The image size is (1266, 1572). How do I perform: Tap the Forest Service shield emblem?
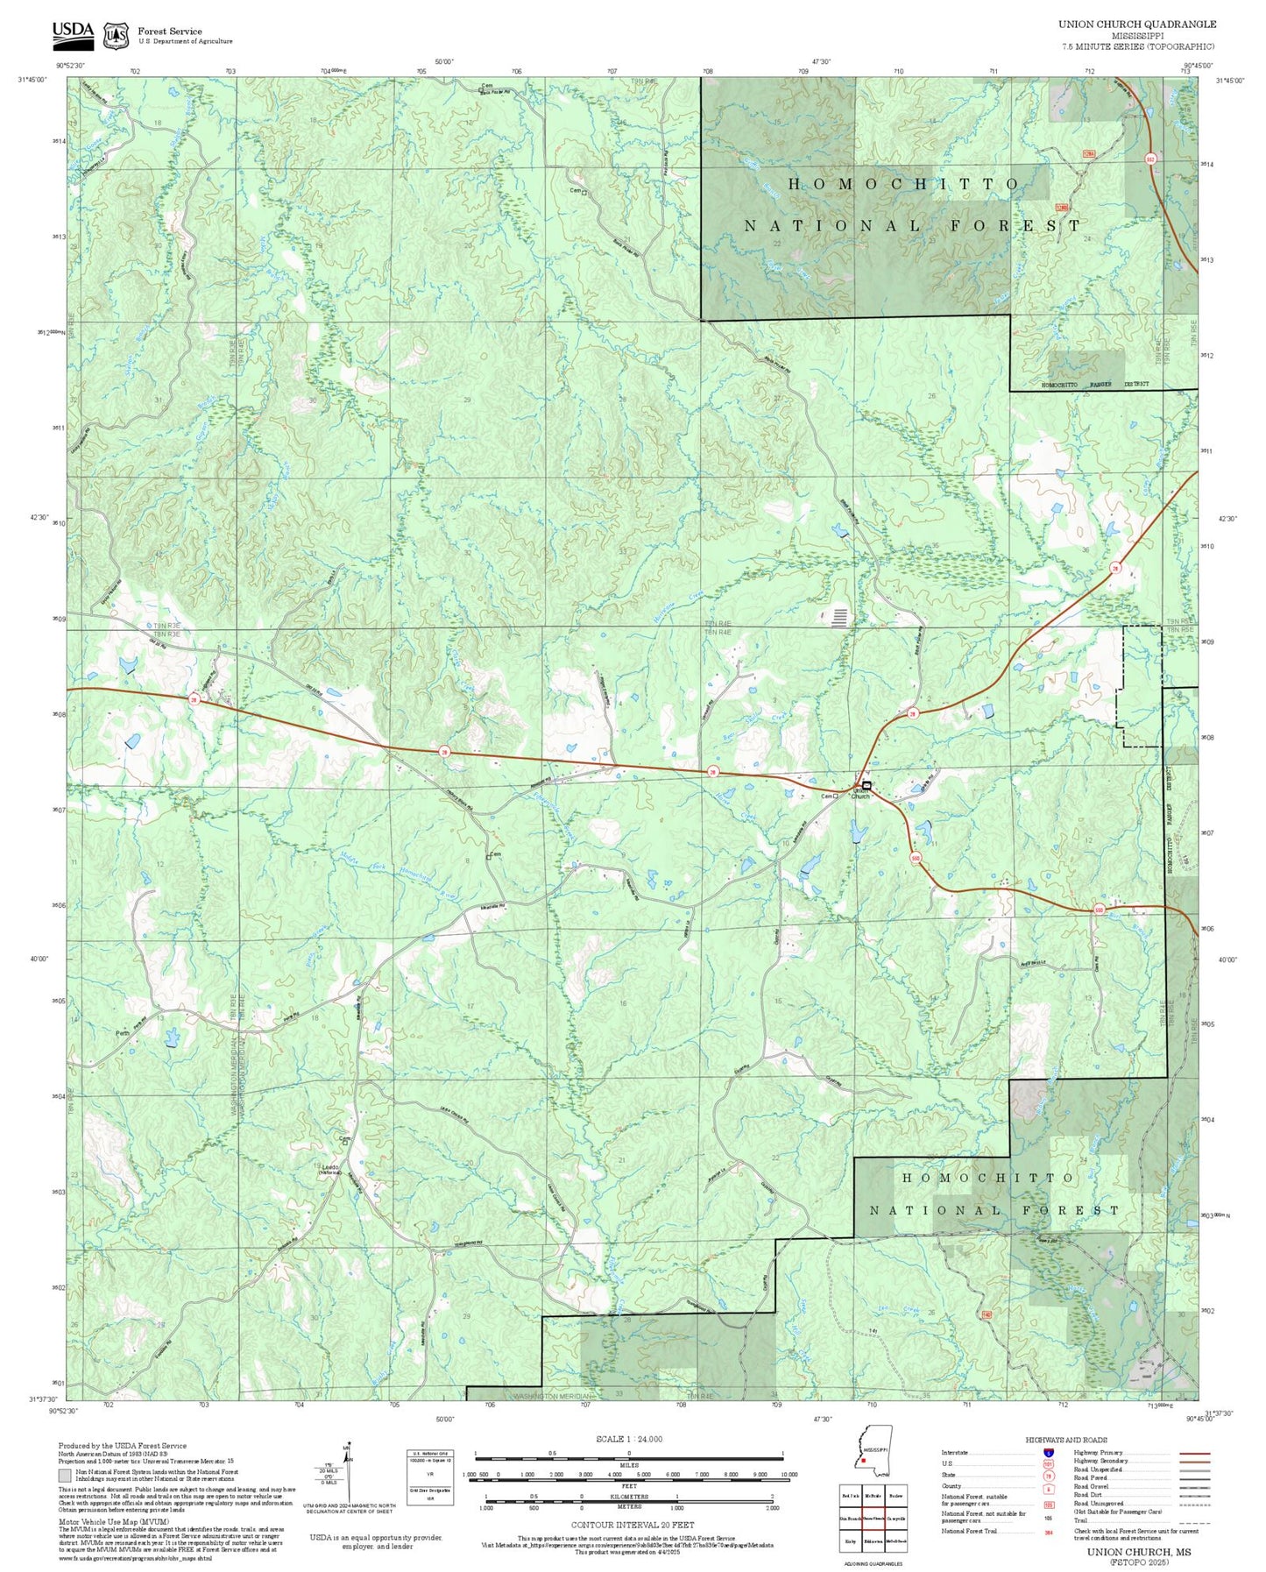point(115,35)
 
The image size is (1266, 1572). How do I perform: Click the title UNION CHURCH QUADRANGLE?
point(1136,25)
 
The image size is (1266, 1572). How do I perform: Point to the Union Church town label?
point(860,793)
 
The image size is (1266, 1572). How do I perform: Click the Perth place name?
point(123,1033)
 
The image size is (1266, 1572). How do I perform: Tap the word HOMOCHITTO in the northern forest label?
point(904,184)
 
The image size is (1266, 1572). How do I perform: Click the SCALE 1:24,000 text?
point(628,1439)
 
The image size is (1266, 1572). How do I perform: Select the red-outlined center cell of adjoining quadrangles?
point(873,1518)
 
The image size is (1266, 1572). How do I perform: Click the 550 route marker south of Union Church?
point(916,859)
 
